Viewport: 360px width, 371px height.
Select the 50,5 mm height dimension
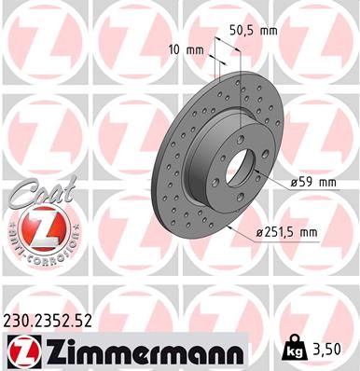pyautogui.click(x=255, y=31)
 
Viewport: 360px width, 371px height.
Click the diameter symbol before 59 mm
pyautogui.click(x=292, y=185)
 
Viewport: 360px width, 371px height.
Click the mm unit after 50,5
pyautogui.click(x=269, y=31)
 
